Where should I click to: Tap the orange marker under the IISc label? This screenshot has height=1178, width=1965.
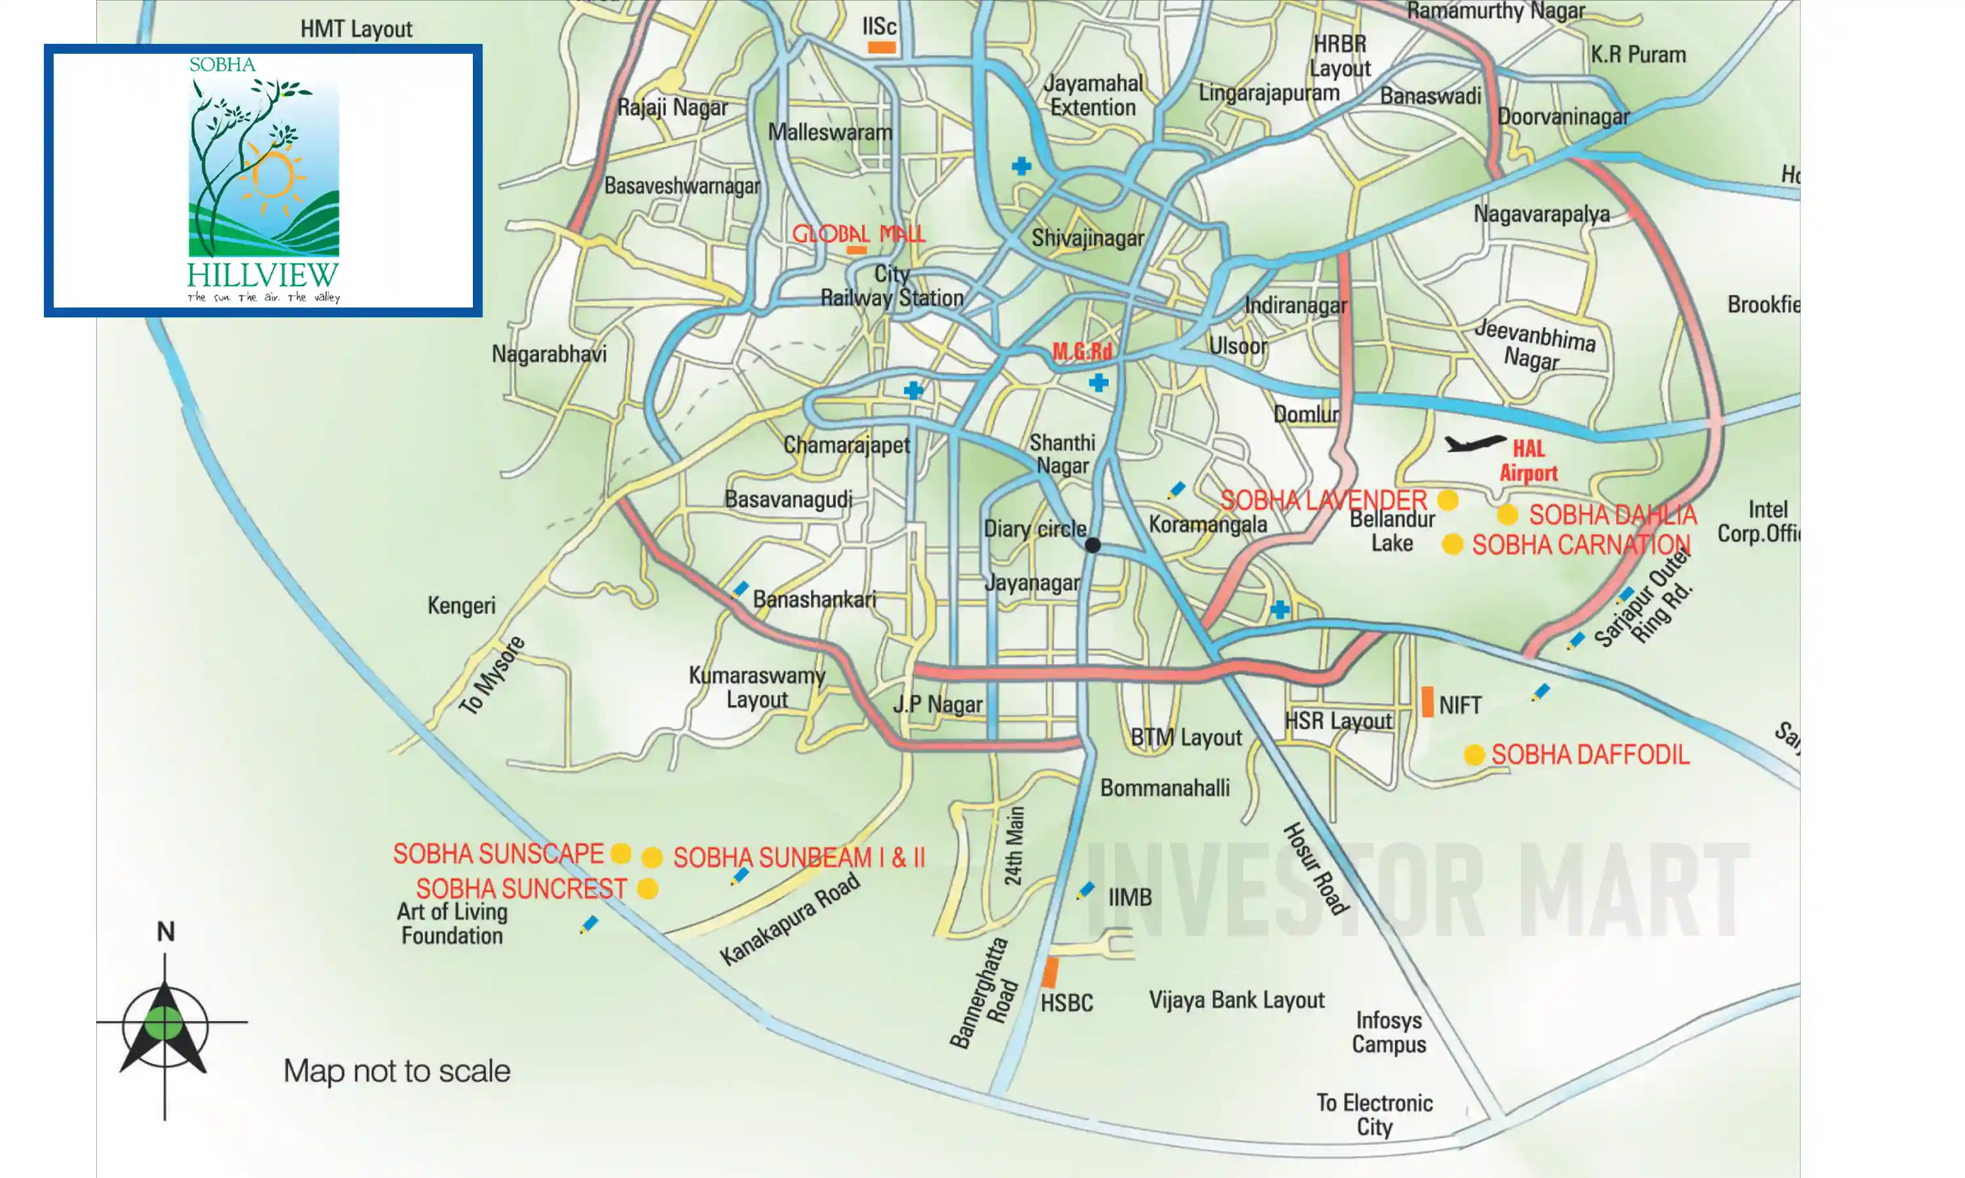881,48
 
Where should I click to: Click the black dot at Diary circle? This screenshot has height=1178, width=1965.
1093,545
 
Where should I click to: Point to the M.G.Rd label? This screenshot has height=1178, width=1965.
1082,351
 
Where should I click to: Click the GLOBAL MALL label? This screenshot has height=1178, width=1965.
859,234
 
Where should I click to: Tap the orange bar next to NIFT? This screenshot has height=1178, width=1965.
1427,702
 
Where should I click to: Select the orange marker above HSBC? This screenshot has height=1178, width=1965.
1050,972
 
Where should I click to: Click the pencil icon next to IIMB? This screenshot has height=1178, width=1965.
1085,891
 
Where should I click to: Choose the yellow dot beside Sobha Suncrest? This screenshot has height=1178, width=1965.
647,889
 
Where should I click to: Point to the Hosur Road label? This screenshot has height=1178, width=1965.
1315,868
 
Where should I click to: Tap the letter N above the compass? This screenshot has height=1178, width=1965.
165,931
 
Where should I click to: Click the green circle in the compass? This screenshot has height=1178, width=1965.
164,1022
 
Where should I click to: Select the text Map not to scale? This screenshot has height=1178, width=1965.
396,1071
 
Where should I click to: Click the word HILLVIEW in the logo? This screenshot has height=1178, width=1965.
263,276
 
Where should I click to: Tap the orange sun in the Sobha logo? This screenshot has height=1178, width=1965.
272,175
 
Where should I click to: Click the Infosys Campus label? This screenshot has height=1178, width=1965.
1389,1032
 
